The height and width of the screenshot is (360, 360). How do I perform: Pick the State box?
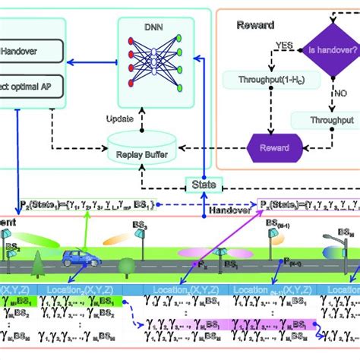pos(204,184)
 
